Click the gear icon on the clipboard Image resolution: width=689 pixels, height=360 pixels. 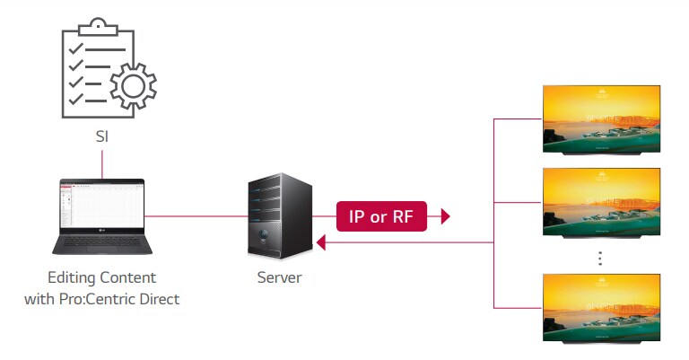point(133,87)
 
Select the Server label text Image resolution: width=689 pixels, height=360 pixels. point(278,277)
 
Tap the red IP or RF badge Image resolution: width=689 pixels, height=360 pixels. point(381,215)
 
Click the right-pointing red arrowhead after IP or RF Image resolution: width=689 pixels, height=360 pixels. point(444,216)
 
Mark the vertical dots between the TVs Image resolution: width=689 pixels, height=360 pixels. point(599,258)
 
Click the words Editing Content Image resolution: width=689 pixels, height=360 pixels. point(101,277)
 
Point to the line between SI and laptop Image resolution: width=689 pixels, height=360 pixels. point(101,162)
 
